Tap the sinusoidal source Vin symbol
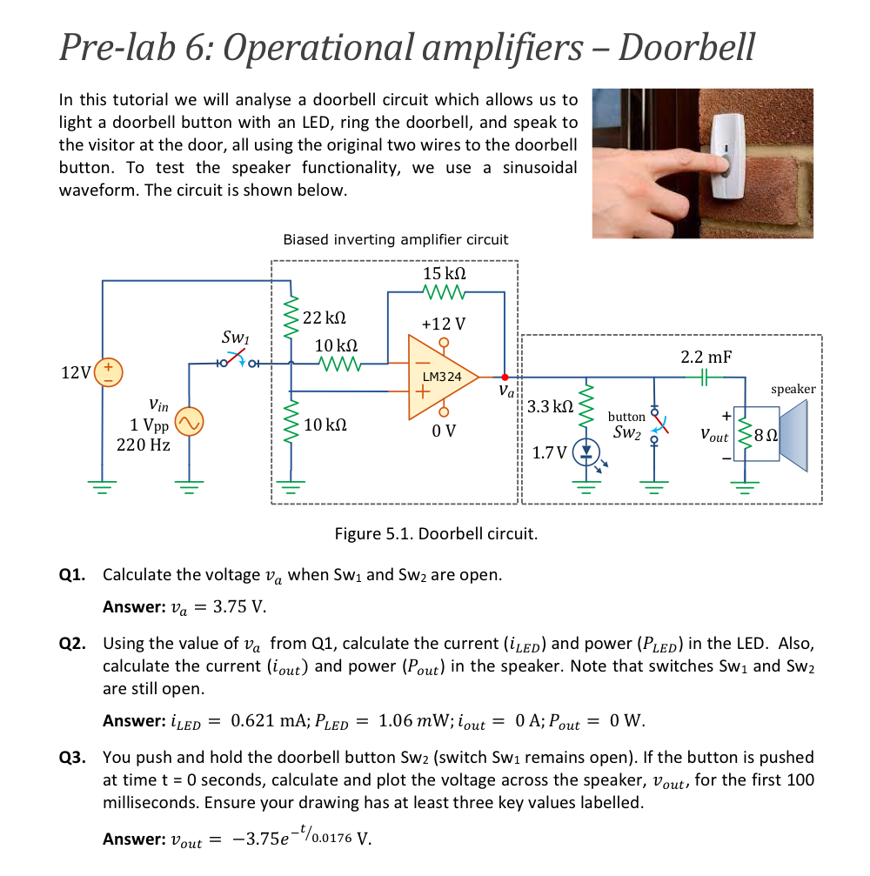(x=189, y=423)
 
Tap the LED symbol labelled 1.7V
(x=586, y=453)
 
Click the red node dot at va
(x=505, y=377)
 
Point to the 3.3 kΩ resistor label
(x=551, y=406)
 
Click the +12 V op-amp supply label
(x=443, y=324)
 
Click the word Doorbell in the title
(x=686, y=45)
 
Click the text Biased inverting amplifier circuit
(x=396, y=239)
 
